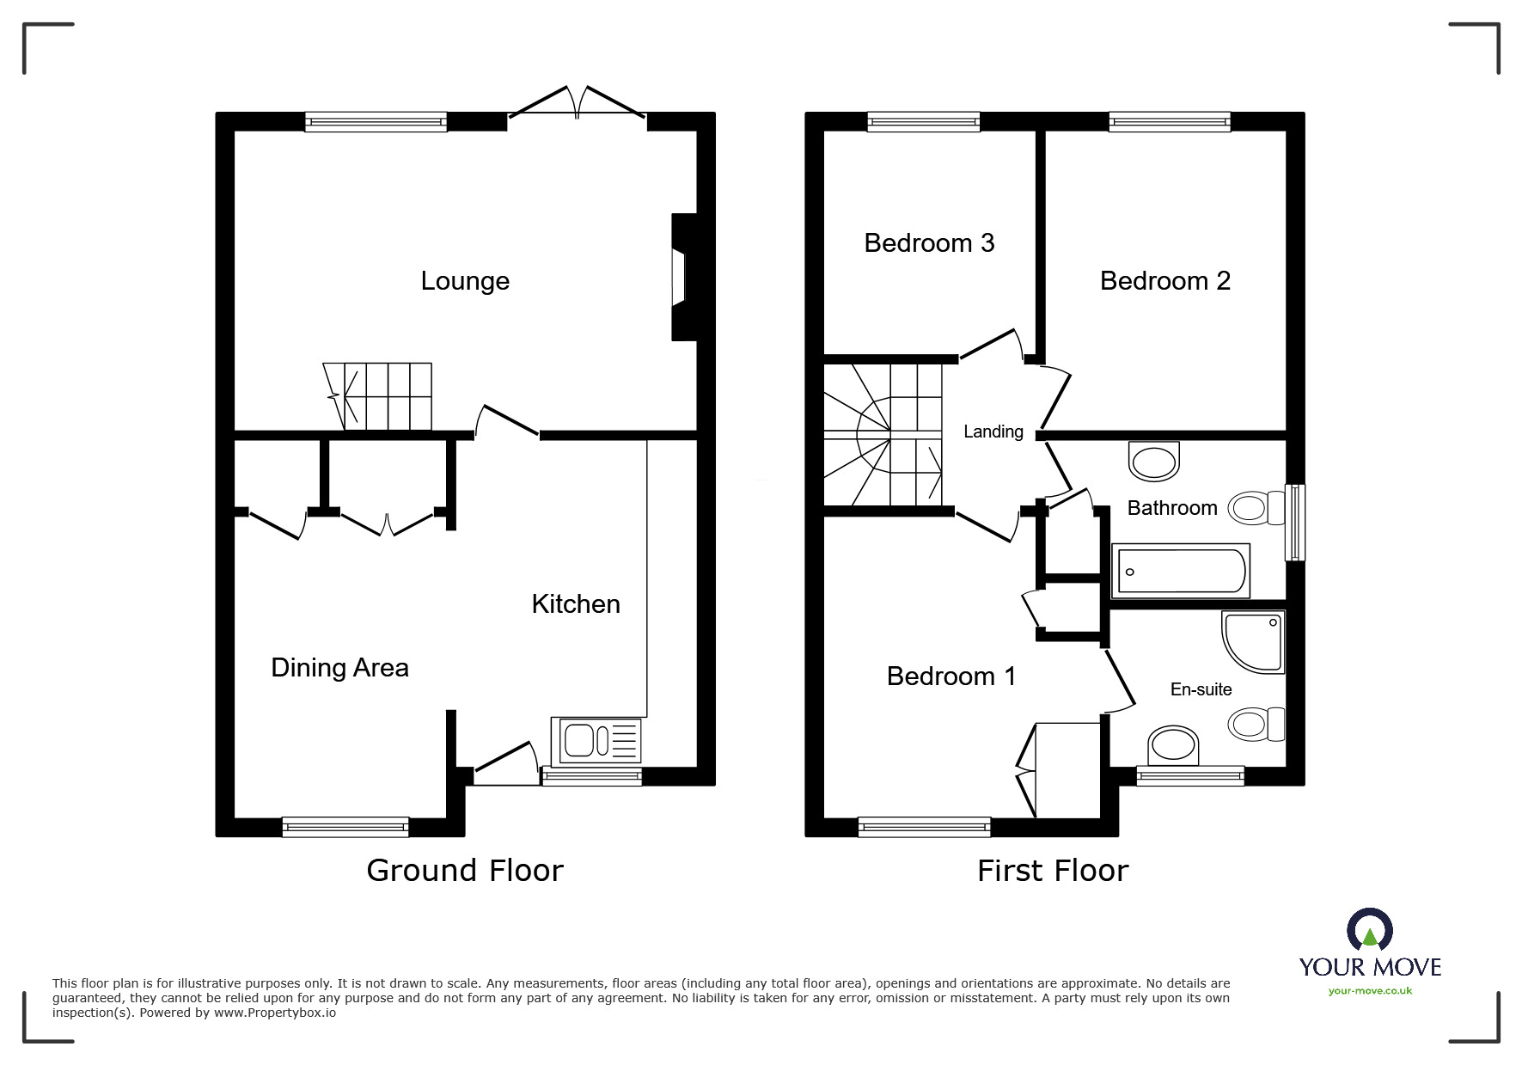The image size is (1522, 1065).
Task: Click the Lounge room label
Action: point(465,281)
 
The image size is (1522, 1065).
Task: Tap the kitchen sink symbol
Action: point(600,741)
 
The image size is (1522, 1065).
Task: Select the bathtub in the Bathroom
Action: point(1181,571)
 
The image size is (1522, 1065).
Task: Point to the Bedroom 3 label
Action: point(929,243)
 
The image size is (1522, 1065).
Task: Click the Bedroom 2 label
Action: point(1164,281)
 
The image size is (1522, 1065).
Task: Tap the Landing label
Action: point(993,432)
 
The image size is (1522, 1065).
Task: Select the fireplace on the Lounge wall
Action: point(682,277)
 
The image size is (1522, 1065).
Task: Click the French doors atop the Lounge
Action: point(577,103)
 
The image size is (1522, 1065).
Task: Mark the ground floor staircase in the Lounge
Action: point(379,396)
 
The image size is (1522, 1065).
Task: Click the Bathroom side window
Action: point(1294,523)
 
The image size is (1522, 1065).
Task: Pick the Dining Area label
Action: point(339,668)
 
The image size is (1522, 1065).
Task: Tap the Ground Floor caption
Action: point(464,871)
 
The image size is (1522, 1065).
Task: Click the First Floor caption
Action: point(1052,871)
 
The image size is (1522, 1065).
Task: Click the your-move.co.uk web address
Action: point(1370,991)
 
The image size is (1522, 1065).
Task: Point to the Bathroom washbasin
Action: point(1153,462)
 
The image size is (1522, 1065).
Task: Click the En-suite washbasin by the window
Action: point(1173,744)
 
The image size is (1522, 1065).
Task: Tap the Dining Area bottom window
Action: point(345,827)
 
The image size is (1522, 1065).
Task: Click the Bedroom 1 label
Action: point(950,676)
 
